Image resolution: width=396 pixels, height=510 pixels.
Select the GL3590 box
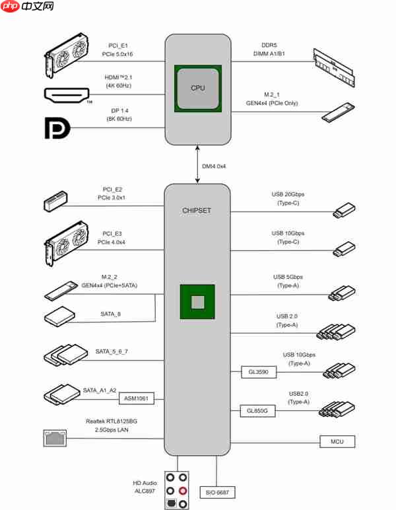[x=259, y=373]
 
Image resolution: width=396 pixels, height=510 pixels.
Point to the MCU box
[x=337, y=441]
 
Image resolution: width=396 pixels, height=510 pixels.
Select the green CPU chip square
[x=197, y=88]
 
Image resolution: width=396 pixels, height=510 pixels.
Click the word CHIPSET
[x=197, y=211]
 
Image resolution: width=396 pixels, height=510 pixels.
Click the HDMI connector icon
[x=68, y=95]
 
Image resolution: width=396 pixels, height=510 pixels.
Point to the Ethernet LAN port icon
[x=54, y=437]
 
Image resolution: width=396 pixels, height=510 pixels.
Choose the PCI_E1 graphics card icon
[x=67, y=53]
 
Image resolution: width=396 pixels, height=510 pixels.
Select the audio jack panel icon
[x=177, y=490]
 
